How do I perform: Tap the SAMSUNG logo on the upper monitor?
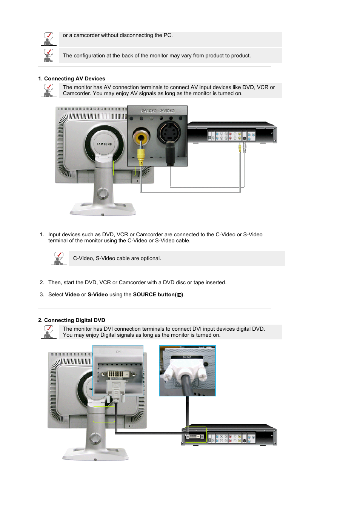click(x=104, y=144)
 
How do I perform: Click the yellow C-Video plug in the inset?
click(x=141, y=155)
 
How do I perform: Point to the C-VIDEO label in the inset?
click(x=149, y=111)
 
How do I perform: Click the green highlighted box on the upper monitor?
click(x=124, y=168)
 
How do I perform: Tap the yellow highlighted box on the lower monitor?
click(x=104, y=414)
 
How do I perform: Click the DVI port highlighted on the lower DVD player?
click(x=195, y=436)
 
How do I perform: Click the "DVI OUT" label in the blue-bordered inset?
click(x=187, y=357)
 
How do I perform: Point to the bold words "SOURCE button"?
click(x=154, y=294)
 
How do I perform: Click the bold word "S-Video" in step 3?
click(x=98, y=294)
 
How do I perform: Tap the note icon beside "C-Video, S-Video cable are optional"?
click(x=58, y=258)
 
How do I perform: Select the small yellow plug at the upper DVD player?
click(x=240, y=148)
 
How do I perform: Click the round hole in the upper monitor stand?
click(x=102, y=193)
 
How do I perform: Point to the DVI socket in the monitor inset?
click(x=116, y=374)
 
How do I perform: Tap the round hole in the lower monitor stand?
click(x=95, y=438)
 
